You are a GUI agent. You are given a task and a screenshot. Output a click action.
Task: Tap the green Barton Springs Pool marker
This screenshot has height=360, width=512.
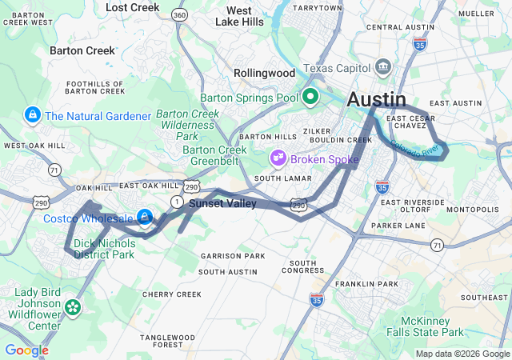(310, 98)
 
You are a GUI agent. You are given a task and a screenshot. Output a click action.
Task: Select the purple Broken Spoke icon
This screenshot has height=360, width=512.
(278, 158)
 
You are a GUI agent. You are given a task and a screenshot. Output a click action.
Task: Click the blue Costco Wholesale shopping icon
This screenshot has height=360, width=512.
(145, 217)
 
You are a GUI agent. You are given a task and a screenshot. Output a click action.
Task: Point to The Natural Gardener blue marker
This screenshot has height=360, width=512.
(33, 116)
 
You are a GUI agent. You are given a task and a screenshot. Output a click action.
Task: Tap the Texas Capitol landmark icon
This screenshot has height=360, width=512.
(383, 65)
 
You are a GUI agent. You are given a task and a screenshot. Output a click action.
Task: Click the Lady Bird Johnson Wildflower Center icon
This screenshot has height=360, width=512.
(73, 307)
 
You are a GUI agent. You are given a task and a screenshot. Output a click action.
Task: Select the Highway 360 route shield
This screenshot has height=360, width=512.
(180, 15)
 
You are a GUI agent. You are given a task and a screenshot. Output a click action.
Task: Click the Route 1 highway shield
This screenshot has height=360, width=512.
(176, 201)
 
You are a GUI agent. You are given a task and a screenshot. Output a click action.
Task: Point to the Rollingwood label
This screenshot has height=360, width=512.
(264, 73)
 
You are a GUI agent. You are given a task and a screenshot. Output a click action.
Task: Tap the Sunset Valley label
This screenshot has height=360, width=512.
(222, 204)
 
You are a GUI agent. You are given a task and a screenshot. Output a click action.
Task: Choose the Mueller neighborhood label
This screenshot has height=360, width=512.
(477, 14)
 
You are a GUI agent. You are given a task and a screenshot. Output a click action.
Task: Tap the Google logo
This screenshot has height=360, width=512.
(26, 350)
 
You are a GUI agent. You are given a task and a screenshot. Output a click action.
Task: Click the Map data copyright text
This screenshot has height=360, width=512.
(462, 354)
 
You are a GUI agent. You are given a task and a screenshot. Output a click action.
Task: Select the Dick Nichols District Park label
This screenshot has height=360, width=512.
(104, 249)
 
